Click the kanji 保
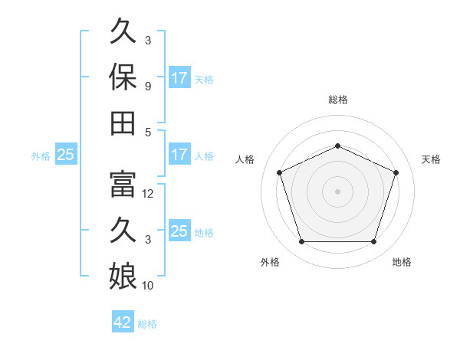pos(123,77)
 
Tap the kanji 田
pos(123,123)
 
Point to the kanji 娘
pos(123,277)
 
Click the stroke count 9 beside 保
pos(148,87)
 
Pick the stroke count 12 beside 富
pos(147,194)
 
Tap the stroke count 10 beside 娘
pos(147,286)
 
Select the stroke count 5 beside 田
pos(148,133)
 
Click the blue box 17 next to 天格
pos(179,77)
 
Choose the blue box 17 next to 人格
pos(179,154)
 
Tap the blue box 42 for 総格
pos(123,321)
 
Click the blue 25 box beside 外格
pos(66,154)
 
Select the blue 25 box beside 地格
pos(179,230)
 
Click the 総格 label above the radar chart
pos(338,100)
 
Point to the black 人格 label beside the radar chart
pos(245,159)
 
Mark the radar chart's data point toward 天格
pos(396,172)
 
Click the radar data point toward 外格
pos(302,242)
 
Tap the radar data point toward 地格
pos(373,242)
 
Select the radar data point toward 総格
pos(337,146)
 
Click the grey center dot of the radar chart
pos(337,191)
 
